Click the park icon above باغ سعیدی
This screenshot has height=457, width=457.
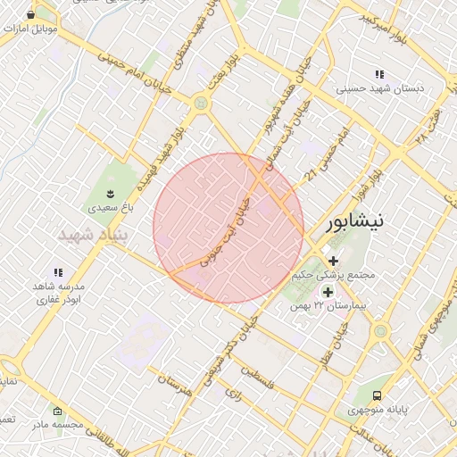pyautogui.click(x=110, y=193)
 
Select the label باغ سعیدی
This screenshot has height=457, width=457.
pyautogui.click(x=110, y=207)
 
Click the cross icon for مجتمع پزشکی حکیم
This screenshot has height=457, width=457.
pyautogui.click(x=334, y=262)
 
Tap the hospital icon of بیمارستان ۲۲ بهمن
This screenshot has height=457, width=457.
pyautogui.click(x=328, y=292)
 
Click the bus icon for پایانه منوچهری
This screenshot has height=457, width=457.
pyautogui.click(x=377, y=395)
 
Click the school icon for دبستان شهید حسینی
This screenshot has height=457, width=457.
pyautogui.click(x=379, y=75)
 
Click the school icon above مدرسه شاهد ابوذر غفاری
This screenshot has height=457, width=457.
pyautogui.click(x=58, y=272)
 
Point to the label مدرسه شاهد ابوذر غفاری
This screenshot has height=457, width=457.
pyautogui.click(x=58, y=294)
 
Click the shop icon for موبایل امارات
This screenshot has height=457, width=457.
pyautogui.click(x=32, y=15)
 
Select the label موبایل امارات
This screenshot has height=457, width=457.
pyautogui.click(x=30, y=29)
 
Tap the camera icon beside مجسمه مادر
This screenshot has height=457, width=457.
pyautogui.click(x=58, y=411)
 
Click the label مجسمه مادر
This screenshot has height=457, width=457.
pyautogui.click(x=55, y=425)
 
